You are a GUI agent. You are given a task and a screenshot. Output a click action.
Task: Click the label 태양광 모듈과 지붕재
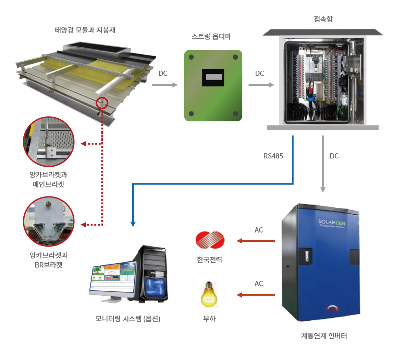pos(85,30)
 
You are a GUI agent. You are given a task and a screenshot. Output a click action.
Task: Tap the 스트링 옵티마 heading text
pos(211,37)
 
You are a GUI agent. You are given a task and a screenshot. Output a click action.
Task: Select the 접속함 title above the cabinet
pos(323,19)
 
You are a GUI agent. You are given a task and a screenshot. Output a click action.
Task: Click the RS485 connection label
pos(273,156)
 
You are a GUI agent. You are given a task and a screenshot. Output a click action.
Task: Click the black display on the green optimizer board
pos(213,78)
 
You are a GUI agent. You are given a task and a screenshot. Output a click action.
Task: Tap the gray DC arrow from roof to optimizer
pos(165,85)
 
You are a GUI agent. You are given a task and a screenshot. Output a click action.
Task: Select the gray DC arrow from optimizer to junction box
pos(261,85)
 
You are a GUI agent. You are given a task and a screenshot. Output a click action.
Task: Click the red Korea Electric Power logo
pos(210,240)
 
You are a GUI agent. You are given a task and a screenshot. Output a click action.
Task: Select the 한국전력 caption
pos(209,260)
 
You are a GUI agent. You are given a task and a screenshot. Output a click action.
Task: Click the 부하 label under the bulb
pos(209,319)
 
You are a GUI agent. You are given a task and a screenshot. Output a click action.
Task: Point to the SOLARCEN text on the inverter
pos(331,223)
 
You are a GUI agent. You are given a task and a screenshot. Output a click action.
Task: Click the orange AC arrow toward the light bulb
pos(256,295)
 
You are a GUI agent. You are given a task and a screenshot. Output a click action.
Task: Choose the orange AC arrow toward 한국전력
pos(256,241)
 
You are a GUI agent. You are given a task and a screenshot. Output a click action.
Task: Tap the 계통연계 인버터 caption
pos(324,336)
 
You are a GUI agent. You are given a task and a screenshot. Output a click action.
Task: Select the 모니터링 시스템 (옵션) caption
pos(128,319)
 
